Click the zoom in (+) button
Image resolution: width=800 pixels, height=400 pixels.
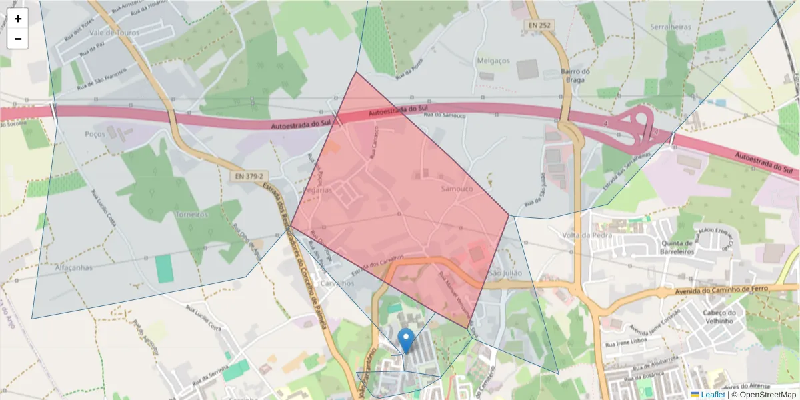coord(18,19)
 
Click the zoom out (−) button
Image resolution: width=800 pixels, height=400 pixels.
coord(18,39)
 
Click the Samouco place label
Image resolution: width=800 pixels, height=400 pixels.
coord(457,189)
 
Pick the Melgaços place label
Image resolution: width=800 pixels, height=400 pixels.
coord(493,61)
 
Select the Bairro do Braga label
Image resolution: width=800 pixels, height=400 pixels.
coord(575,75)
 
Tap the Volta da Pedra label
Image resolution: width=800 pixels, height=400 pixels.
coord(587,235)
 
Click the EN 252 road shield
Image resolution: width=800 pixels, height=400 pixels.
coord(539,25)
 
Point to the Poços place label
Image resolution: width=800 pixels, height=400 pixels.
coord(95,134)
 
